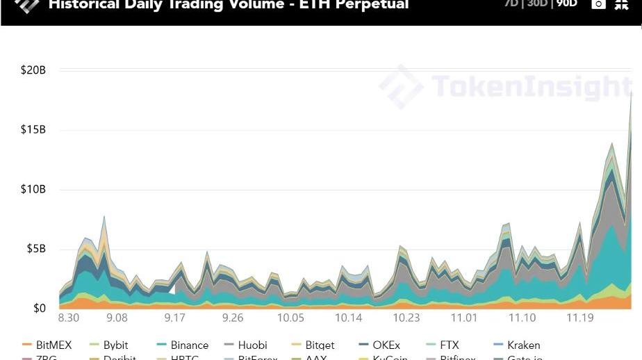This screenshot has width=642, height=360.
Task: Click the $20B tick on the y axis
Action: pyautogui.click(x=33, y=70)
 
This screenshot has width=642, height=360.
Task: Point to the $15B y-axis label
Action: pyautogui.click(x=33, y=130)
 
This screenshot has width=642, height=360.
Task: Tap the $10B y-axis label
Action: pyautogui.click(x=33, y=190)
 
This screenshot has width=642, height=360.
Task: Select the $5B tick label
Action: pyautogui.click(x=37, y=249)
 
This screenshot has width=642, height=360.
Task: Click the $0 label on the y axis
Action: pyautogui.click(x=40, y=309)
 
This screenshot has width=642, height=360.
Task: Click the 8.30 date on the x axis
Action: pyautogui.click(x=69, y=318)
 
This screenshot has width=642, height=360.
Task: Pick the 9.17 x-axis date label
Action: pyautogui.click(x=175, y=318)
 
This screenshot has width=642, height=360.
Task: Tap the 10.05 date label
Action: pyautogui.click(x=290, y=318)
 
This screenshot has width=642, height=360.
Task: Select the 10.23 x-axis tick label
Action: pyautogui.click(x=406, y=318)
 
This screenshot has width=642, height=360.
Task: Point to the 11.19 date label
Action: pyautogui.click(x=580, y=318)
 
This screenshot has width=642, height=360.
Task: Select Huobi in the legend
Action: pyautogui.click(x=252, y=345)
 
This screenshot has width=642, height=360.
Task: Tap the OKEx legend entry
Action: pyautogui.click(x=386, y=345)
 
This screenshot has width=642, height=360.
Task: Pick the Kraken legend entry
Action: pyautogui.click(x=523, y=345)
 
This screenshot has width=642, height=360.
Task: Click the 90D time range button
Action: pyautogui.click(x=566, y=3)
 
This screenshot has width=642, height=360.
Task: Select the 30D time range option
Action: pyautogui.click(x=537, y=3)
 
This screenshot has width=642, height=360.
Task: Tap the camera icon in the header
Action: pyautogui.click(x=598, y=4)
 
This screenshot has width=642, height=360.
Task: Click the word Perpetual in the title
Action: pyautogui.click(x=372, y=5)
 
